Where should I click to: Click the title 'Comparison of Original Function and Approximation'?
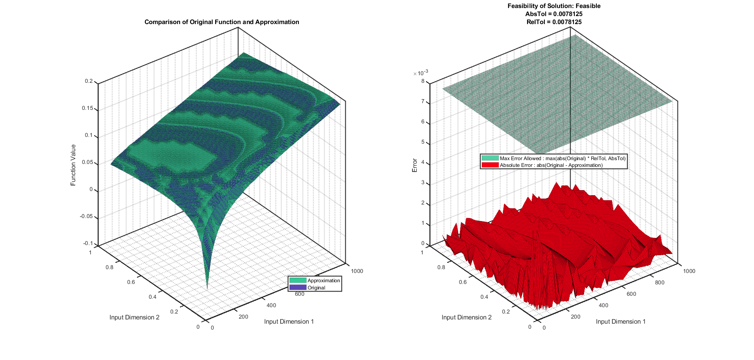coord(221,22)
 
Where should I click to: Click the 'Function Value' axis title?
coord(73,165)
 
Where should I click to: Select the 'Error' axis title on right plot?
coord(415,165)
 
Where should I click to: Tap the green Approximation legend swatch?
coord(298,281)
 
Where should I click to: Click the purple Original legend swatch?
coord(298,288)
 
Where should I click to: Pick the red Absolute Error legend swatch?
coord(490,165)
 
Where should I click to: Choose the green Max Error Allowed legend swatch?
coord(490,158)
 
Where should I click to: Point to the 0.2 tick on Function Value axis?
coord(89,81)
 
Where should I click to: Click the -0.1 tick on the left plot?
coord(88,243)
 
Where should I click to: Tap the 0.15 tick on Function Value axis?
coord(87,108)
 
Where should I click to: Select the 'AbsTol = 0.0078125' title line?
coord(554,14)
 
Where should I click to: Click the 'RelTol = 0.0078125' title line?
coord(554,22)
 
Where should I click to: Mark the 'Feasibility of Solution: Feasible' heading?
coord(554,6)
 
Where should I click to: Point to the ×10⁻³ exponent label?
coord(421,73)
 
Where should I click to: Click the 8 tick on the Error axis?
coord(423,81)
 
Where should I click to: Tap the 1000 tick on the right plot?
coord(689,271)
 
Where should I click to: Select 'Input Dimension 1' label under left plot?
coord(289,322)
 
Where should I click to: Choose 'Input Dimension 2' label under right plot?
coord(467,317)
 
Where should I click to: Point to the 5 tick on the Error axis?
coord(423,142)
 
